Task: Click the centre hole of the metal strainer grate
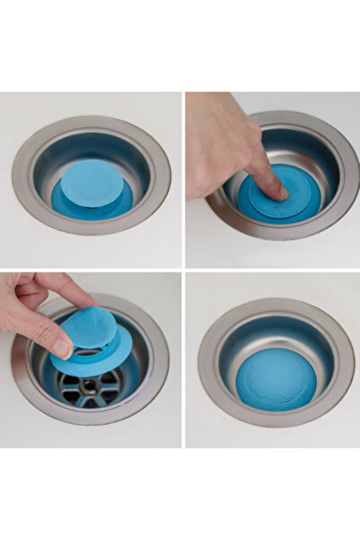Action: click(x=89, y=387)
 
